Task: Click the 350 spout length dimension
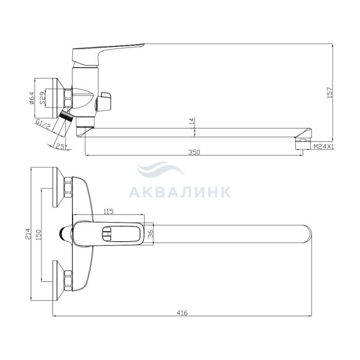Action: click(x=194, y=152)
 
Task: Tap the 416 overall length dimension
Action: click(x=182, y=313)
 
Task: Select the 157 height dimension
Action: click(x=330, y=92)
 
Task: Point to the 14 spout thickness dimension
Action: click(x=192, y=121)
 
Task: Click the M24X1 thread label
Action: click(x=323, y=147)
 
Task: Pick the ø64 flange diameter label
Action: click(x=32, y=98)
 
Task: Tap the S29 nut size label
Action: click(x=43, y=98)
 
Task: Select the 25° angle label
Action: click(x=61, y=147)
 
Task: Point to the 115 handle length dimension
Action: click(x=109, y=211)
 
